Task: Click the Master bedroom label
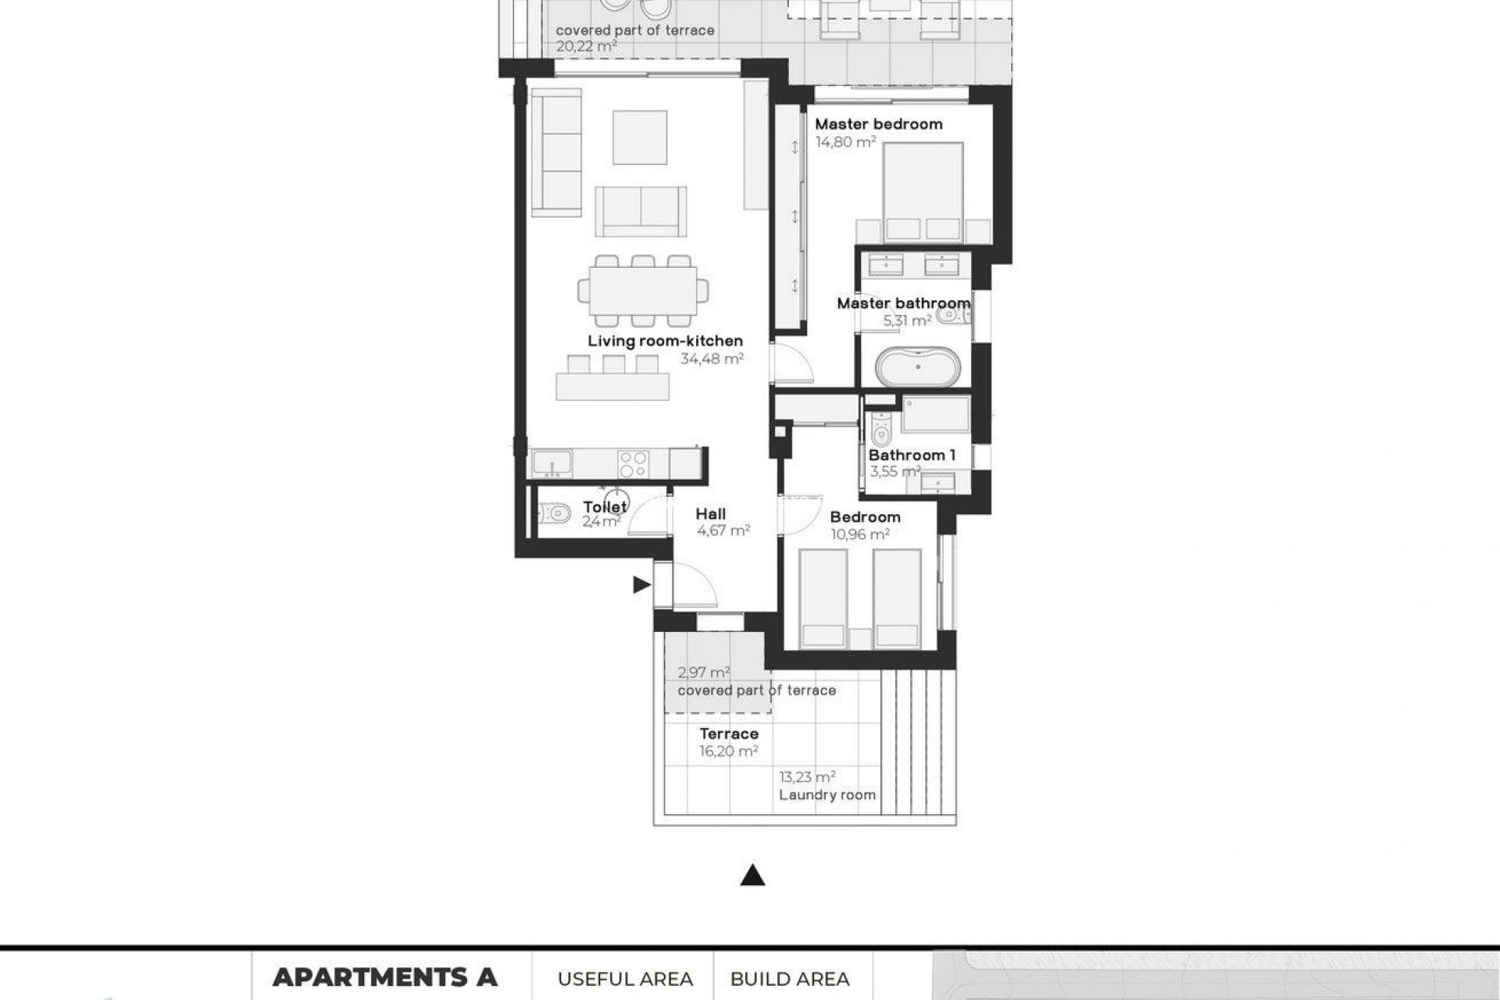pyautogui.click(x=878, y=124)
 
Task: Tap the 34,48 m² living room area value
pyautogui.click(x=711, y=359)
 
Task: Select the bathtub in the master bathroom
pyautogui.click(x=917, y=367)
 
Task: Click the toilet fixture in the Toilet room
pyautogui.click(x=554, y=513)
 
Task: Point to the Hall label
pyautogui.click(x=710, y=514)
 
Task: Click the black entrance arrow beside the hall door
pyautogui.click(x=641, y=584)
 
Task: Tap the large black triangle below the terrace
pyautogui.click(x=752, y=876)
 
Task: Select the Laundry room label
pyautogui.click(x=827, y=795)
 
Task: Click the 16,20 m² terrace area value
pyautogui.click(x=728, y=752)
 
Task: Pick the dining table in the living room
pyautogui.click(x=643, y=291)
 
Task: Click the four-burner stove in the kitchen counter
pyautogui.click(x=633, y=463)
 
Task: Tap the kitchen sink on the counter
pyautogui.click(x=552, y=463)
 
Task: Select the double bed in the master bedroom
pyautogui.click(x=923, y=192)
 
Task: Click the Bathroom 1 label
pyautogui.click(x=912, y=455)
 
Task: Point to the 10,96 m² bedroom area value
pyautogui.click(x=859, y=535)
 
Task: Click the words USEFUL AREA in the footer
pyautogui.click(x=625, y=979)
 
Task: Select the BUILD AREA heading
pyautogui.click(x=790, y=979)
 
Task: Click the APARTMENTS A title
pyautogui.click(x=384, y=977)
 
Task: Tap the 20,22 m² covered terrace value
pyautogui.click(x=586, y=47)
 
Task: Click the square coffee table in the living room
pyautogui.click(x=640, y=137)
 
